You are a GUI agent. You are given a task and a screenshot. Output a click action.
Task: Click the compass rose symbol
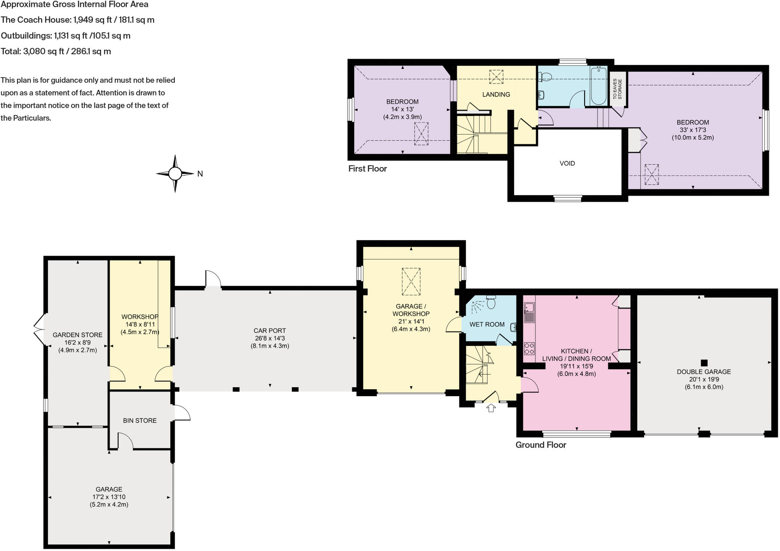tap(175, 174)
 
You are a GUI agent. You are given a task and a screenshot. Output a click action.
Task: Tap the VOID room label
tap(567, 163)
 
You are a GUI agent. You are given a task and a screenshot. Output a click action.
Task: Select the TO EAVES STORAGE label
tap(617, 89)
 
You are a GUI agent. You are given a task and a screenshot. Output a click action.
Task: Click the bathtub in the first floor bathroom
tap(599, 85)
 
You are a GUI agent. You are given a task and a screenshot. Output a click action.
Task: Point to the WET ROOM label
tap(487, 325)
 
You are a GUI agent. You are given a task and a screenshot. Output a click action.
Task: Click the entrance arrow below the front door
tap(491, 408)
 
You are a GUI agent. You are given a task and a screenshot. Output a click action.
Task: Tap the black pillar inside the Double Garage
tap(704, 363)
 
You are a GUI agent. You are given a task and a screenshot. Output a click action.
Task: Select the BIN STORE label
tap(140, 420)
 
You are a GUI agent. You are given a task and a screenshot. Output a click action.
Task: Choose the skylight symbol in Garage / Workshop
tap(411, 282)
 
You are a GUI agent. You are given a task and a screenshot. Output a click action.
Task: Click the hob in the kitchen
tap(529, 349)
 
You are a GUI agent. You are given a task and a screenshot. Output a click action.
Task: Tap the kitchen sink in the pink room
tap(529, 312)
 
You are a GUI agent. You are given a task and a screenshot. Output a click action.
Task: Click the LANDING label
tap(496, 94)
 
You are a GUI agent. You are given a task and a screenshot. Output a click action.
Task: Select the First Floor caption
tap(367, 169)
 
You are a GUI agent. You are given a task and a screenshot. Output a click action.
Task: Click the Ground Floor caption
tap(540, 445)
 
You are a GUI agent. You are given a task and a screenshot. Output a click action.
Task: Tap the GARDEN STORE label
tap(77, 335)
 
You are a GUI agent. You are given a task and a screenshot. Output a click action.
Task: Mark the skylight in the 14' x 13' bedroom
tap(421, 134)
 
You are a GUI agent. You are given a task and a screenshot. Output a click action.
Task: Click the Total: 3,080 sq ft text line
tap(56, 51)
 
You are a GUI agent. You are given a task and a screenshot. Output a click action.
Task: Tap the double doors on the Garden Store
tap(39, 330)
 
